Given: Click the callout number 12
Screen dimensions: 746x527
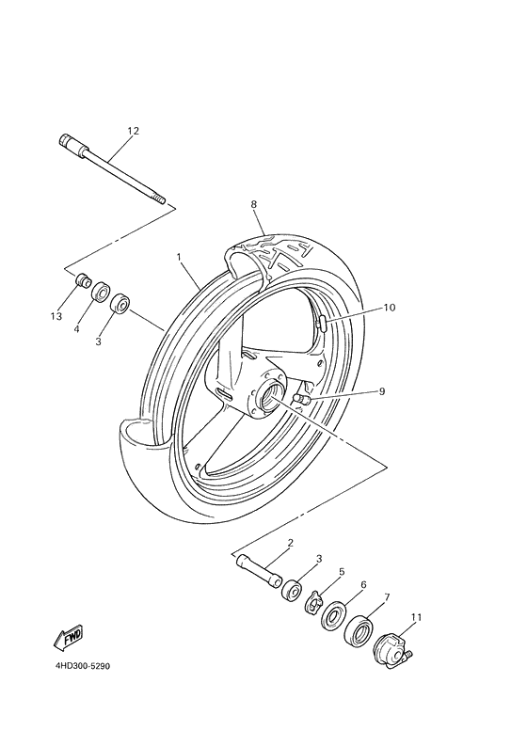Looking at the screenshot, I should (x=133, y=131).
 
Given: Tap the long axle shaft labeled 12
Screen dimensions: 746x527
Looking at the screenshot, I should (x=111, y=169).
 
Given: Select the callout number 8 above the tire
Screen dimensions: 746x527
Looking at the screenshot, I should (x=253, y=204).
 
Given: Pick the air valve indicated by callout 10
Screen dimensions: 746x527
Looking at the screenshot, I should (x=324, y=325).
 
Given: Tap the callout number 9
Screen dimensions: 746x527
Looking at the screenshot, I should (x=381, y=391).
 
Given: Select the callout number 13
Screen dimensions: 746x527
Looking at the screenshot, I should (x=56, y=316).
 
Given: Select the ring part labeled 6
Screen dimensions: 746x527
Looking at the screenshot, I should (x=334, y=619).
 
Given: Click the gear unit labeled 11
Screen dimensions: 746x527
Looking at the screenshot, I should (x=391, y=651).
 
